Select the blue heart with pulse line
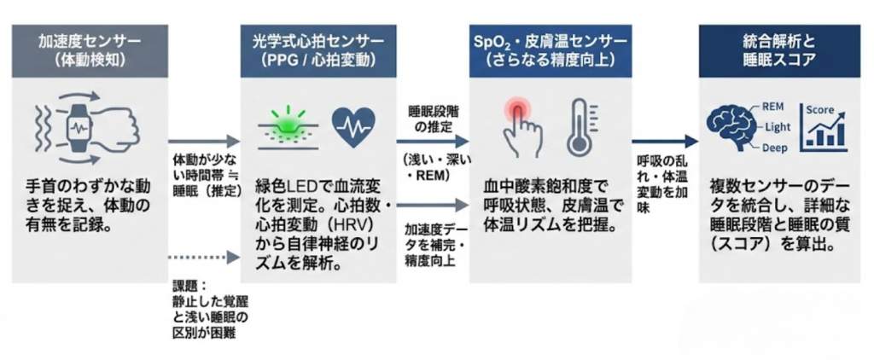point(351,127)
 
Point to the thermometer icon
point(580,128)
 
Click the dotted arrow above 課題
point(202,255)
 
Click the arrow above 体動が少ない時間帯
point(202,143)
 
